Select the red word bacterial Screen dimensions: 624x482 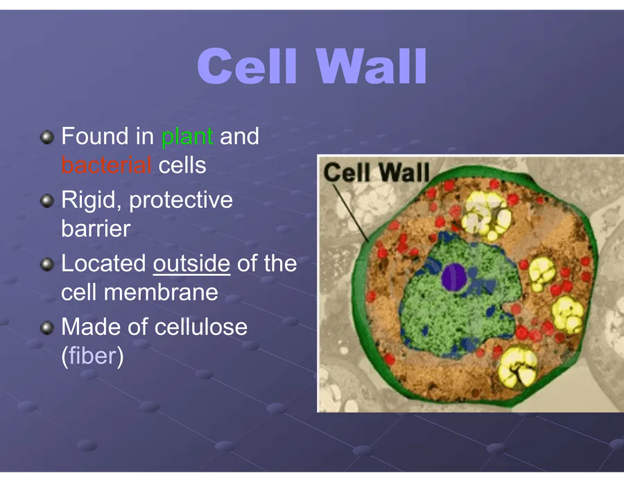coord(106,165)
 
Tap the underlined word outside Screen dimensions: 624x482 coord(191,264)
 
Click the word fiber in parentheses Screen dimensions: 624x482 coord(93,355)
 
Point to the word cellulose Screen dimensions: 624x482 coord(201,327)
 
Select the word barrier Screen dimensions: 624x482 coord(96,229)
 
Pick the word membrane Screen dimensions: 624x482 coord(161,293)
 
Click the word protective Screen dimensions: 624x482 coord(181,200)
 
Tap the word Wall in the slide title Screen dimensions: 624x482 coord(372,66)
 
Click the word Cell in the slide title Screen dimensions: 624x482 coord(247,66)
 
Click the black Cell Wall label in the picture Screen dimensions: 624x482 coord(376,172)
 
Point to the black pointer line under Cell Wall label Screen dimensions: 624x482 coord(351,213)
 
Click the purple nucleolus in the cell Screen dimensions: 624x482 coord(454,276)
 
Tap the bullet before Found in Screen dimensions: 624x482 coord(47,138)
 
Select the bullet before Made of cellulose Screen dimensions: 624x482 coord(47,328)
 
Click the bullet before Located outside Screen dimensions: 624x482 coord(47,264)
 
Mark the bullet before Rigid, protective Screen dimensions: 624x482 coord(47,201)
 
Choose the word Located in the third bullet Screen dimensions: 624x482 coord(103,264)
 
